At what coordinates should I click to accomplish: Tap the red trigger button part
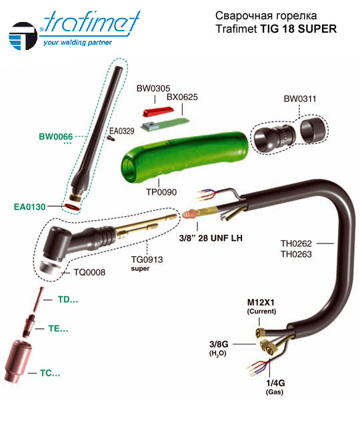[158, 111]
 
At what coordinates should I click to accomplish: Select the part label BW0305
[153, 88]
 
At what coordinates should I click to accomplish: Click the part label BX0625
[182, 97]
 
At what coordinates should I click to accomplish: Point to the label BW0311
[300, 99]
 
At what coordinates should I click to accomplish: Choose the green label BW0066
[56, 136]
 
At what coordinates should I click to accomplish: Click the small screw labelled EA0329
[111, 138]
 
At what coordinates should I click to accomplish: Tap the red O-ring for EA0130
[72, 207]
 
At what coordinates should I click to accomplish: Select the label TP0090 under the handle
[161, 192]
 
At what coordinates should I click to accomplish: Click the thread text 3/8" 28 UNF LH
[211, 238]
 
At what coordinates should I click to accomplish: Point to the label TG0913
[147, 260]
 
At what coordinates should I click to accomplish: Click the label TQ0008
[89, 272]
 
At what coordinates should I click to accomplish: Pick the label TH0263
[296, 254]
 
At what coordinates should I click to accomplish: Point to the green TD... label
[68, 300]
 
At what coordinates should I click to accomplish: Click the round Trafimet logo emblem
[23, 36]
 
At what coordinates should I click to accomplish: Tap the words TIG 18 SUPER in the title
[299, 29]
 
